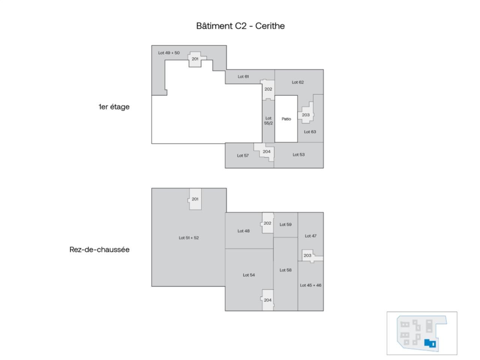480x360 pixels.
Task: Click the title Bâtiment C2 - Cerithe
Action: pos(240,26)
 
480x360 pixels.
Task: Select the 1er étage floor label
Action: pos(114,107)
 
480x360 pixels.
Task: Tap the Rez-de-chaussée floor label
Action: pos(99,250)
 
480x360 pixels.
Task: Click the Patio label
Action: pos(286,119)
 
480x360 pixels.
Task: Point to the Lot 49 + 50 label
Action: pos(169,53)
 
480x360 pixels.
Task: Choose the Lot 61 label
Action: pos(243,76)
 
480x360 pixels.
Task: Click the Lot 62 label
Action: pos(298,82)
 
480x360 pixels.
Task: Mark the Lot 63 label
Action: pos(310,132)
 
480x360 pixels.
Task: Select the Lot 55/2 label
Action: pos(268,120)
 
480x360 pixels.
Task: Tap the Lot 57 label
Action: pos(243,155)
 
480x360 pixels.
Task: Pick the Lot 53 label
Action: pos(298,154)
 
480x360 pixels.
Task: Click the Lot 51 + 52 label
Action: pos(189,238)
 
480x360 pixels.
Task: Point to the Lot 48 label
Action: pos(243,231)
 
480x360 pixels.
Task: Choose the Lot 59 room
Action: pos(285,225)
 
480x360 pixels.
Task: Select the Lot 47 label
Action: pos(310,236)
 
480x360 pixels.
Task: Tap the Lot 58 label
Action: pos(285,270)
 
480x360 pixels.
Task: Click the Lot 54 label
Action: pos(249,275)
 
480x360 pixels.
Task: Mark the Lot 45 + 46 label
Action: pos(310,285)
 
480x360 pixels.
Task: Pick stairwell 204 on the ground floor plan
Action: pos(267,300)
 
